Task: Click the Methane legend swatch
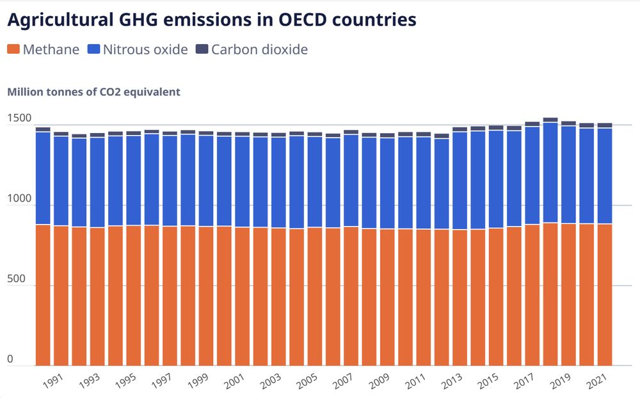tap(13, 50)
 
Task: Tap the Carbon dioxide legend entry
tap(259, 50)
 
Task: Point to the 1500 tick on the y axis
tap(19, 118)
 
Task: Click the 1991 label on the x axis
tap(53, 383)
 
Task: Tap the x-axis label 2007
tap(343, 383)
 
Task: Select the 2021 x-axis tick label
tap(597, 383)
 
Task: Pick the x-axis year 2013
tap(452, 383)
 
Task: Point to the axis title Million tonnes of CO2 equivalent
tap(93, 92)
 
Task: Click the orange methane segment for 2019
tap(568, 294)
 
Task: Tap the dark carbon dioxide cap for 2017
tap(532, 124)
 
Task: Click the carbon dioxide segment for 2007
tap(351, 132)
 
